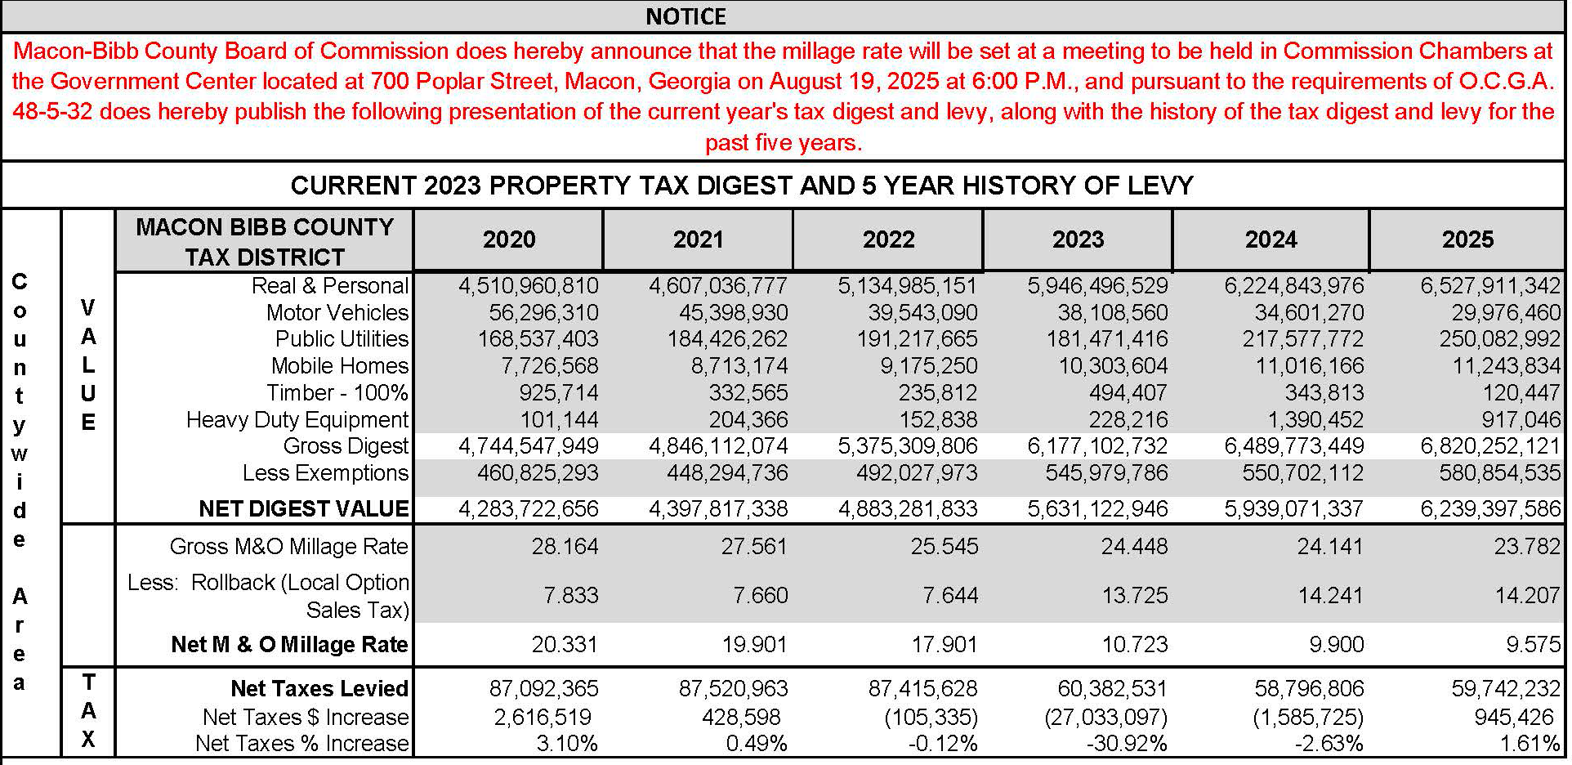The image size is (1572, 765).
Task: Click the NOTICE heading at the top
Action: [x=686, y=16]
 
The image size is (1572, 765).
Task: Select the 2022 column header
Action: [x=889, y=239]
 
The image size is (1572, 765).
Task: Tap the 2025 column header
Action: [x=1467, y=239]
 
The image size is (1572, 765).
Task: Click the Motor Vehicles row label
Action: [x=337, y=312]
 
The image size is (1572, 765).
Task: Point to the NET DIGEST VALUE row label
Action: [x=304, y=508]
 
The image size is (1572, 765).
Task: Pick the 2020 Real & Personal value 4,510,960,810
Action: [x=529, y=286]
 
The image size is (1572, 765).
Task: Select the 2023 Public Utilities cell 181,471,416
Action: [x=1107, y=339]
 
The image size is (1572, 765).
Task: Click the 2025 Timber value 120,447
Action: [x=1521, y=392]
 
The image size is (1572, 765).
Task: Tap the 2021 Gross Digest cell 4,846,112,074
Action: [x=718, y=446]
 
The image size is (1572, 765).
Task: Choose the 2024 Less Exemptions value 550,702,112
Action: [x=1302, y=473]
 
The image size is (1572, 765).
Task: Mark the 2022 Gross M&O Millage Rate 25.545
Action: [x=945, y=546]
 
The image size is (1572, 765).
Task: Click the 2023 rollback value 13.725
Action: [x=1135, y=595]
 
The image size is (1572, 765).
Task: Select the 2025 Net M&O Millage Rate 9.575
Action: [x=1534, y=644]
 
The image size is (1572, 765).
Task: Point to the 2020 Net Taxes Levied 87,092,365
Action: [x=544, y=688]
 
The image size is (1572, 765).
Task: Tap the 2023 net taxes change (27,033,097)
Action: [x=1106, y=717]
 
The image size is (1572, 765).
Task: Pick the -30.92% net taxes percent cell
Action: [x=1128, y=744]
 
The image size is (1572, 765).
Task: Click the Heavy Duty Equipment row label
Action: [x=297, y=419]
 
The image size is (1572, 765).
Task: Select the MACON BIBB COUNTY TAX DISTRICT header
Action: [x=265, y=242]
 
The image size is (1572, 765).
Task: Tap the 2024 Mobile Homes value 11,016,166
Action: [x=1310, y=366]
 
